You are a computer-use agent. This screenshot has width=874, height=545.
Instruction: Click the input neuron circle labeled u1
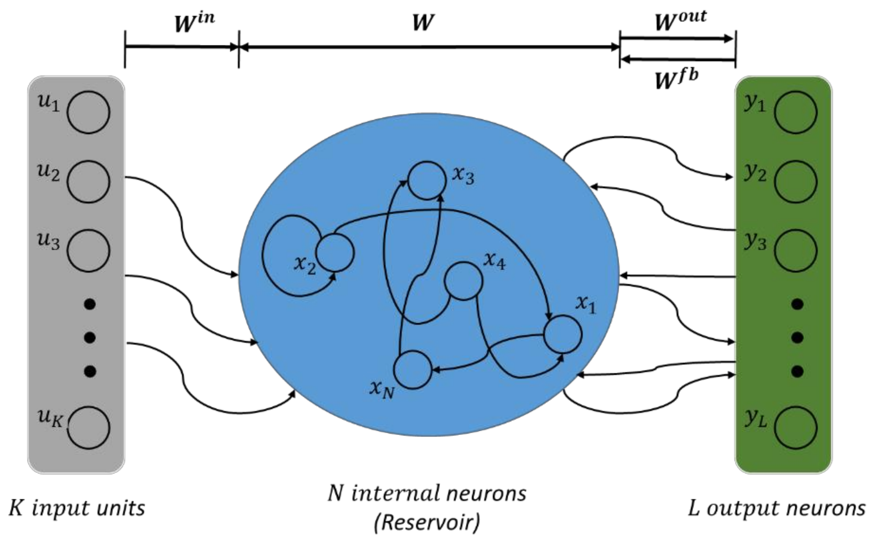point(88,112)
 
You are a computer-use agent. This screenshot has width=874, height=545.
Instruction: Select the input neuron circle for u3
point(88,251)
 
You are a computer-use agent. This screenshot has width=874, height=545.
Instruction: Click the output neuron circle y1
point(795,112)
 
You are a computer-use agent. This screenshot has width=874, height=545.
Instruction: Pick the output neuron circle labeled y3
point(795,251)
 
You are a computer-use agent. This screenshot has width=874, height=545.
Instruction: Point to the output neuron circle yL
point(795,428)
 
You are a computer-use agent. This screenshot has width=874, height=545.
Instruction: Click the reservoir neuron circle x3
point(427,180)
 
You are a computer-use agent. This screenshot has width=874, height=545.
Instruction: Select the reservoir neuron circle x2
point(335,252)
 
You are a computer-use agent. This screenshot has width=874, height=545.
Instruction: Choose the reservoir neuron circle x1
point(563,334)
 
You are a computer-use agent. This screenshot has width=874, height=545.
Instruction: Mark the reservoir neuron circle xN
point(413,370)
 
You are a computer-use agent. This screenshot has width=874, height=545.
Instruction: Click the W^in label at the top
point(195,23)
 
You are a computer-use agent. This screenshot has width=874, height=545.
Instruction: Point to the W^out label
point(680,21)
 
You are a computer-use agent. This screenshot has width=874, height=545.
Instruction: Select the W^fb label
point(677,79)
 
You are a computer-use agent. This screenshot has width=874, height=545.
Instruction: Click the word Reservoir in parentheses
point(427,522)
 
